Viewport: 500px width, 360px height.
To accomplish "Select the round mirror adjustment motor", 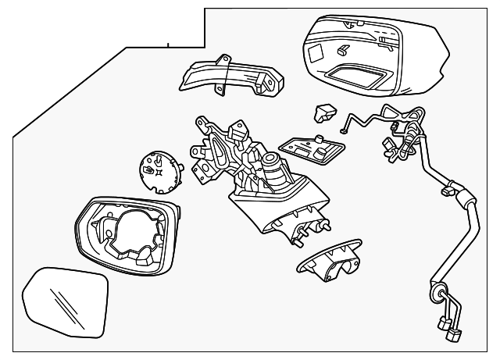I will pos(159,167).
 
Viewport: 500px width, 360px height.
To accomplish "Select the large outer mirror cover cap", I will pos(375,55).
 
